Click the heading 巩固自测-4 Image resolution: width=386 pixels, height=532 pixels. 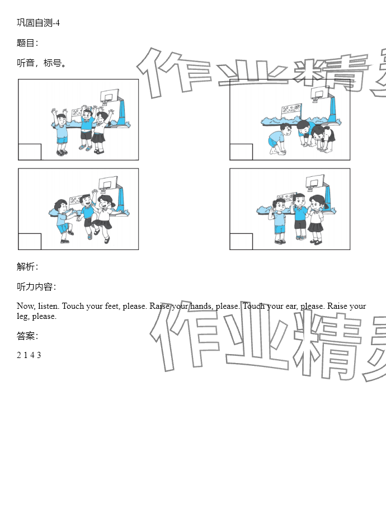point(39,23)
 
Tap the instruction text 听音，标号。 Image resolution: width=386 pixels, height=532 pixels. point(41,63)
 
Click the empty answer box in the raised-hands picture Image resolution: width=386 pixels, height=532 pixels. point(30,152)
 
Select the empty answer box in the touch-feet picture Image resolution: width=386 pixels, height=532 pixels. point(241,152)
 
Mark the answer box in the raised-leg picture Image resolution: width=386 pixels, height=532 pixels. point(30,241)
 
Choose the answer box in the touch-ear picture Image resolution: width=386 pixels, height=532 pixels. point(241,241)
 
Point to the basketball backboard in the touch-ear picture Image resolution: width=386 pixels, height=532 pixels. point(315,182)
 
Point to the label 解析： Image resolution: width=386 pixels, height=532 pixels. point(27,267)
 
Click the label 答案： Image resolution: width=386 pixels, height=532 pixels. point(27,336)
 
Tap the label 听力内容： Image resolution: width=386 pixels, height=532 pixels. point(36,286)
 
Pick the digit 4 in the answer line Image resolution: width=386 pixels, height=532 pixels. point(32,355)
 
